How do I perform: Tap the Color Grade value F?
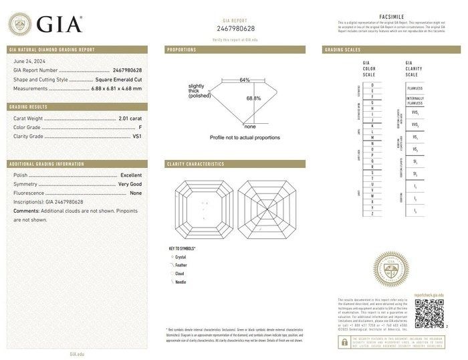pos(140,127)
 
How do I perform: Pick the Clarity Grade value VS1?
pos(138,137)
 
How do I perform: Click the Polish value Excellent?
pos(131,175)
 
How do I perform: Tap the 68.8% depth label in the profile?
pos(253,98)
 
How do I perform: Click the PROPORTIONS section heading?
pos(181,50)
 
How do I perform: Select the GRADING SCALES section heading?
pos(342,50)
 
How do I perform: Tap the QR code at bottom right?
pos(429,312)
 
